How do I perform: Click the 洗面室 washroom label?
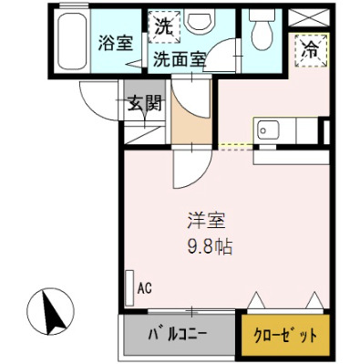click(178, 61)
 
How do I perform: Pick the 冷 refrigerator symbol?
click(310, 51)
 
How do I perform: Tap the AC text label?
click(144, 289)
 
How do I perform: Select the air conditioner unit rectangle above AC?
click(129, 284)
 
